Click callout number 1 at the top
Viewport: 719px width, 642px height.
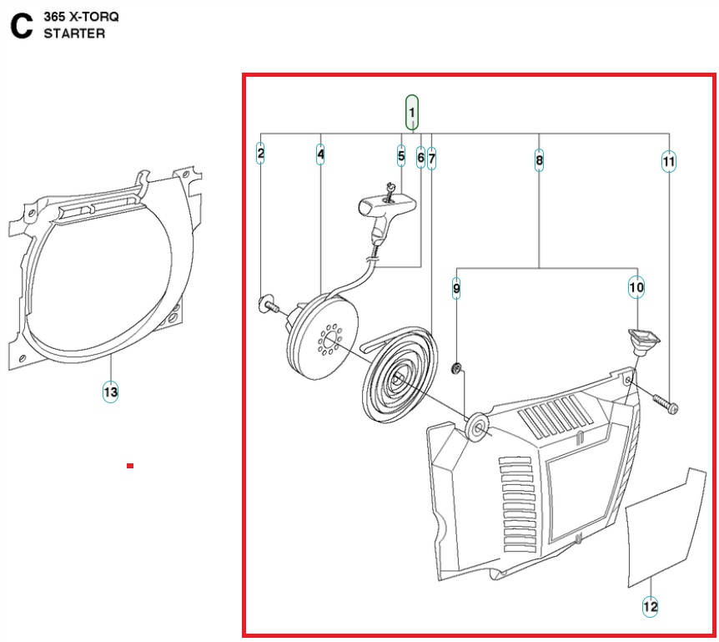412,112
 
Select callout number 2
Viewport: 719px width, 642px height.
261,153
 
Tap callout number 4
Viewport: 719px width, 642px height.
320,154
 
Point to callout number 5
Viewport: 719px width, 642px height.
401,155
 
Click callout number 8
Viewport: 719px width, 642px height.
540,159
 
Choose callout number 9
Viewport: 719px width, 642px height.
456,289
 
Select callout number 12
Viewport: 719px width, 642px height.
651,607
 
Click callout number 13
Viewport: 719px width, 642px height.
110,391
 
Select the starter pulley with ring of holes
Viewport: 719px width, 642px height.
324,333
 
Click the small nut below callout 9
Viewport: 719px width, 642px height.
457,369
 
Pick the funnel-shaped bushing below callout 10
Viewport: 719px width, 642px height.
641,341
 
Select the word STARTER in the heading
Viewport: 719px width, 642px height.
74,33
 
